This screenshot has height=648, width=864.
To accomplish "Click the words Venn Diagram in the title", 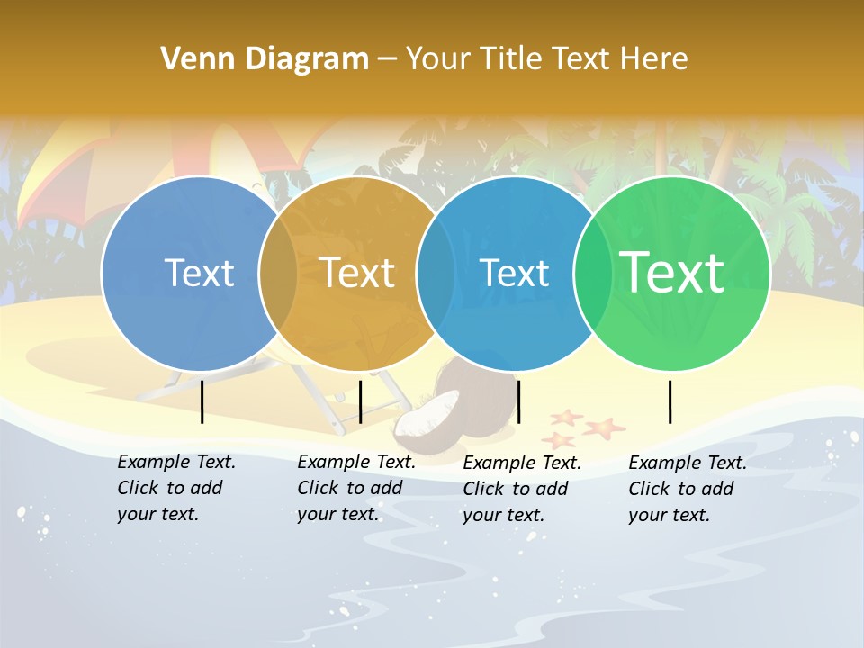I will point(265,59).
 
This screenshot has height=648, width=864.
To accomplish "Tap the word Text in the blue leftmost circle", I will point(199,273).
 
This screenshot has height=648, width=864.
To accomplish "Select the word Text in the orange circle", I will point(357,273).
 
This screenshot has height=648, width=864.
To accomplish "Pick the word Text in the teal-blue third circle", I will point(515,273).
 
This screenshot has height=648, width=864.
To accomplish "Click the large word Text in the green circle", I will point(672,273).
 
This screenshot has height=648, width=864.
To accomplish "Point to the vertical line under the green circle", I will point(670,401).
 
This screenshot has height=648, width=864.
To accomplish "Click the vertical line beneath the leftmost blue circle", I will point(202,401).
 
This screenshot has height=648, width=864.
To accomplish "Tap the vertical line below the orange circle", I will point(360,401).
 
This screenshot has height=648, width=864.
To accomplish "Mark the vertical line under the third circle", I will point(519,401).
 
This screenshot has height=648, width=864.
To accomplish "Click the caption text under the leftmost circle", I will point(176,488).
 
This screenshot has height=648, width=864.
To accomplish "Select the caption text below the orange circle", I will point(356,488).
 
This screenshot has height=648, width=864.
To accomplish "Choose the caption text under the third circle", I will point(522,489).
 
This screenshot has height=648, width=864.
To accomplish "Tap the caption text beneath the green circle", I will point(688,489).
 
